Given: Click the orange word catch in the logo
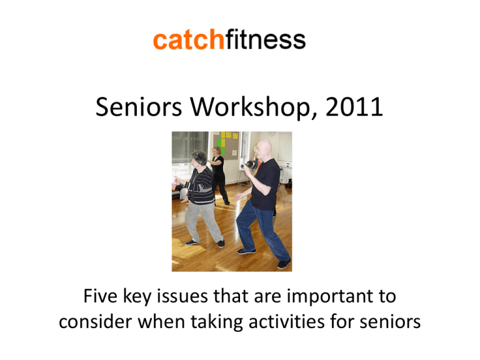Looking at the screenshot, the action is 189,39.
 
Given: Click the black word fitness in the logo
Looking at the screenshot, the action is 266,39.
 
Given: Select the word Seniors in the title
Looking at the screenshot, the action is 139,107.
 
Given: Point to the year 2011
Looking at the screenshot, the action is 354,107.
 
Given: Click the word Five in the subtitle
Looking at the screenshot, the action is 100,296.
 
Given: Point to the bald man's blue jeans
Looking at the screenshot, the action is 262,228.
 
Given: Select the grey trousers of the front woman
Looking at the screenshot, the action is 202,221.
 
